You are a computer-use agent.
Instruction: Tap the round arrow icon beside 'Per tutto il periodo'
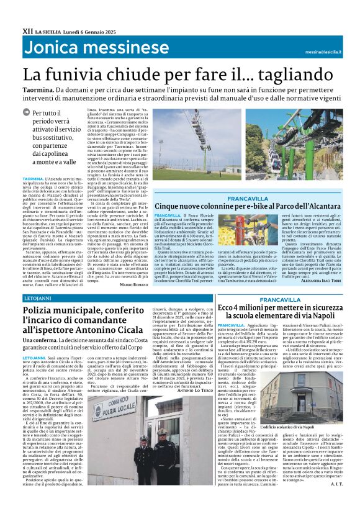tap(25, 112)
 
